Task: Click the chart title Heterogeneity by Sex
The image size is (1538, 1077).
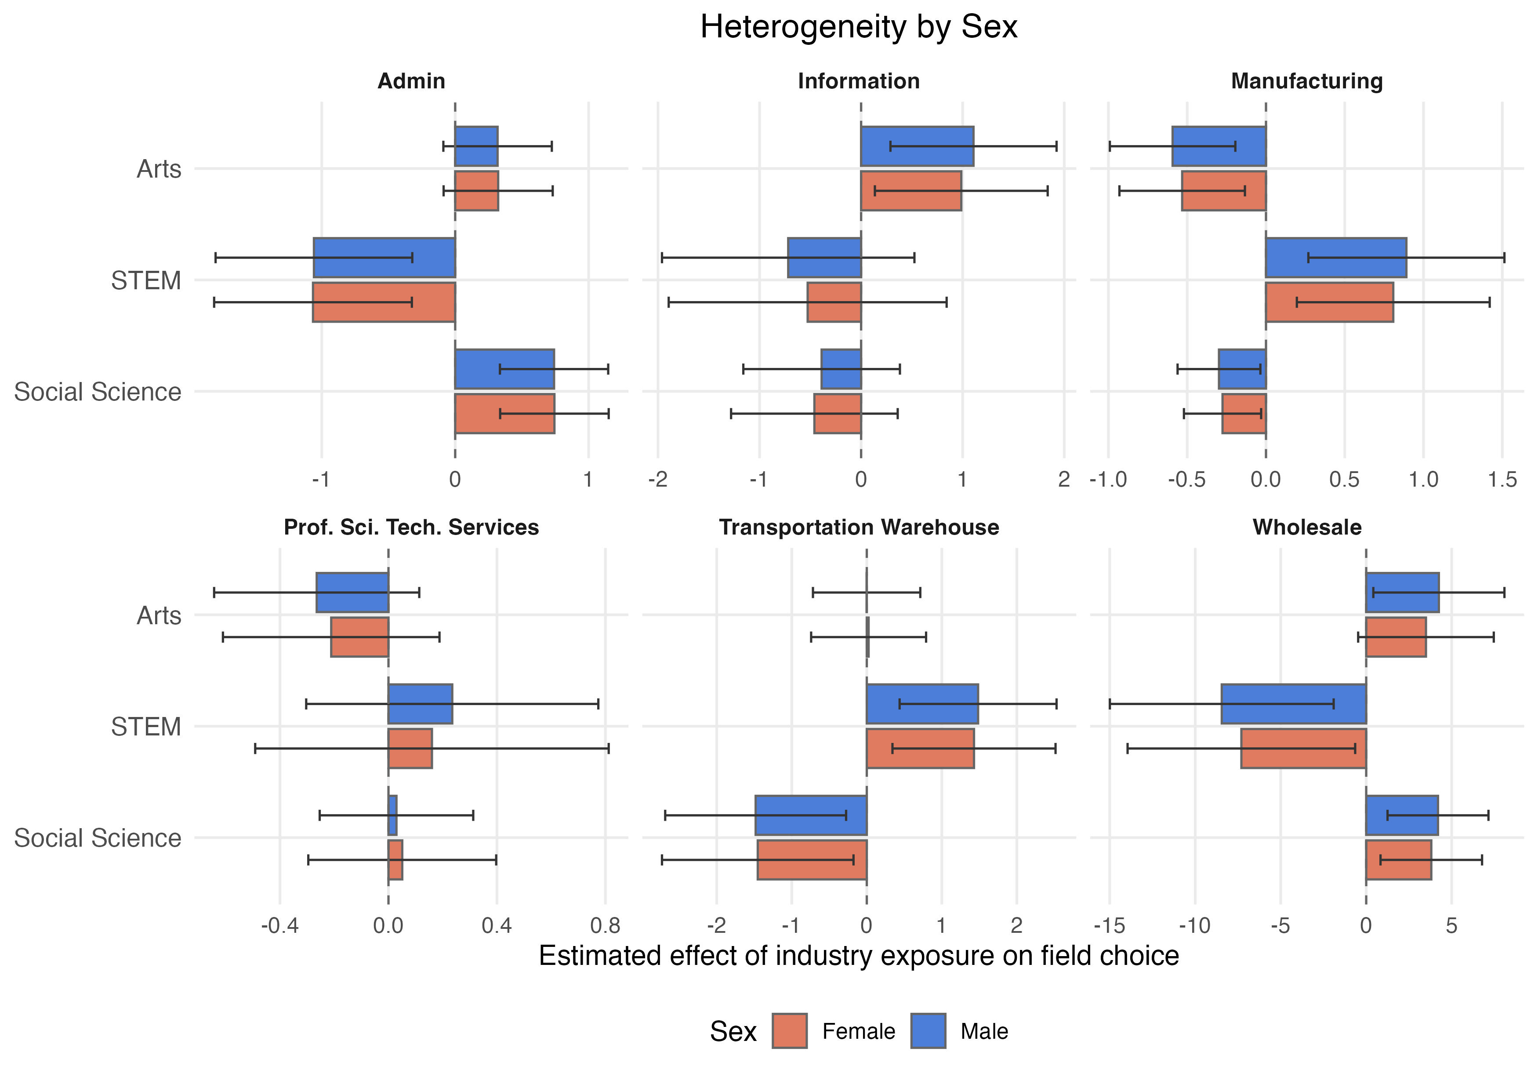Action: pos(858,28)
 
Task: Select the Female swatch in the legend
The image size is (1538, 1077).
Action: pos(789,1031)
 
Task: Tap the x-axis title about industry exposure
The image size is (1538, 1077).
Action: pos(858,956)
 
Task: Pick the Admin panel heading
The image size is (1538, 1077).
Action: pos(411,81)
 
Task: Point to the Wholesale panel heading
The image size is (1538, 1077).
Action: pos(1307,528)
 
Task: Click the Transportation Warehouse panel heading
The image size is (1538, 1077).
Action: pos(859,528)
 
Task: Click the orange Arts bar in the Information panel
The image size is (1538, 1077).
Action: pos(911,191)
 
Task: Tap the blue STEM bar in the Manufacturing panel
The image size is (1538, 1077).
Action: pos(1336,257)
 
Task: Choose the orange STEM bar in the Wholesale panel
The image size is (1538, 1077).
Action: pos(1303,749)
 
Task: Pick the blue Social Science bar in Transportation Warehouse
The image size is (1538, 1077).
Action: pos(811,815)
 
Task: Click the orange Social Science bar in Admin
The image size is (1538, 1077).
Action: pos(504,414)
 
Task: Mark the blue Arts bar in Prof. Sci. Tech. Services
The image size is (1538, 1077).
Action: pos(352,593)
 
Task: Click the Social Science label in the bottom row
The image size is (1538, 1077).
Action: pos(98,838)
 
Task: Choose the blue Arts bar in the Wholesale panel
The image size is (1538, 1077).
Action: pos(1402,593)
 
